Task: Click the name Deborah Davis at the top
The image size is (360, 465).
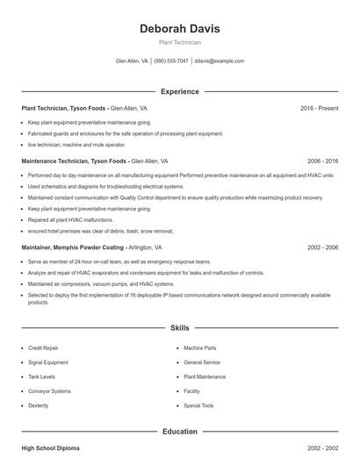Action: (179, 28)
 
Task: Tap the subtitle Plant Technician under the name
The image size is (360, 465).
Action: (179, 42)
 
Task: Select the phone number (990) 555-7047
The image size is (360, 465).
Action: (171, 61)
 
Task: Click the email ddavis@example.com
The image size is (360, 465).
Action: (219, 61)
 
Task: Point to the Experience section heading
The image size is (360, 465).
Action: (179, 91)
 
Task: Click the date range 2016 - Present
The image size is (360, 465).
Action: (319, 108)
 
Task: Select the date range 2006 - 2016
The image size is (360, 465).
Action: (322, 161)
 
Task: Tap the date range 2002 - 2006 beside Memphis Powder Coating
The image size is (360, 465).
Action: (322, 248)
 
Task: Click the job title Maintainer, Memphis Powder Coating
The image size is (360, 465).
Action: (62, 248)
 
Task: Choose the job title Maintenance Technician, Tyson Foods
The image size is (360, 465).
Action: (75, 161)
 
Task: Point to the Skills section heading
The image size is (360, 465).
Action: (179, 327)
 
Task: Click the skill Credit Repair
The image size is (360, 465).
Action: (43, 348)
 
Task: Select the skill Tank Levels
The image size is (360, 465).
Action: (41, 376)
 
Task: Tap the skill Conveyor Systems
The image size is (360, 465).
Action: (49, 391)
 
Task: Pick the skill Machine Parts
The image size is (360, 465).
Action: (199, 348)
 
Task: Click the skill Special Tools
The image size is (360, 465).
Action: (198, 405)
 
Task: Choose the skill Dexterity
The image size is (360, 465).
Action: (39, 405)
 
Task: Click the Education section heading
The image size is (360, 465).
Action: (179, 432)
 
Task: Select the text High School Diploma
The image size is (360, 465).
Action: (50, 448)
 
